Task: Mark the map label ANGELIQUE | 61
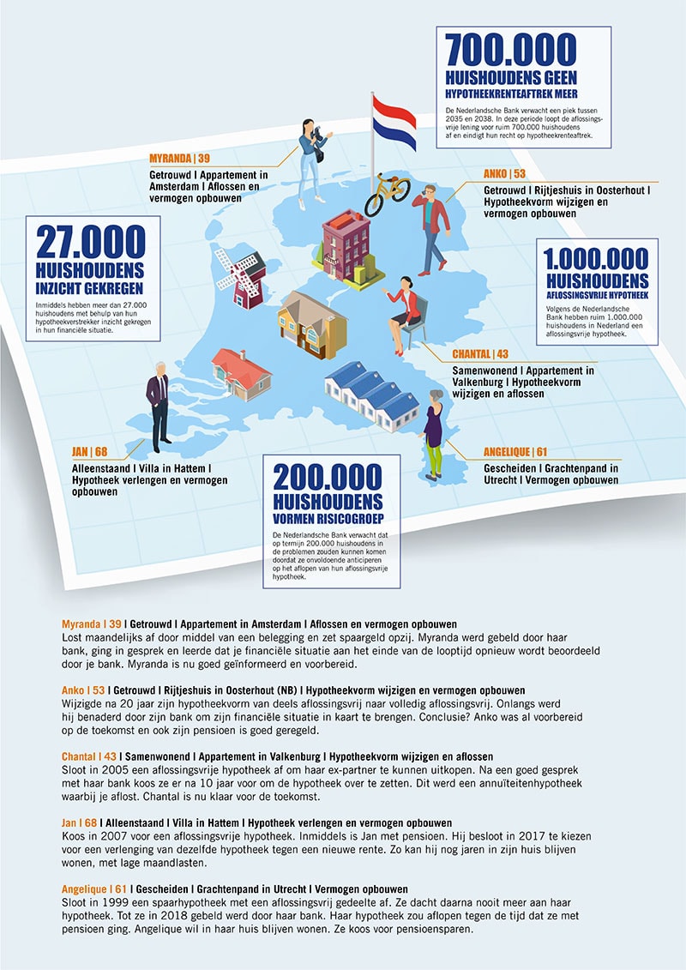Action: pos(516,452)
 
